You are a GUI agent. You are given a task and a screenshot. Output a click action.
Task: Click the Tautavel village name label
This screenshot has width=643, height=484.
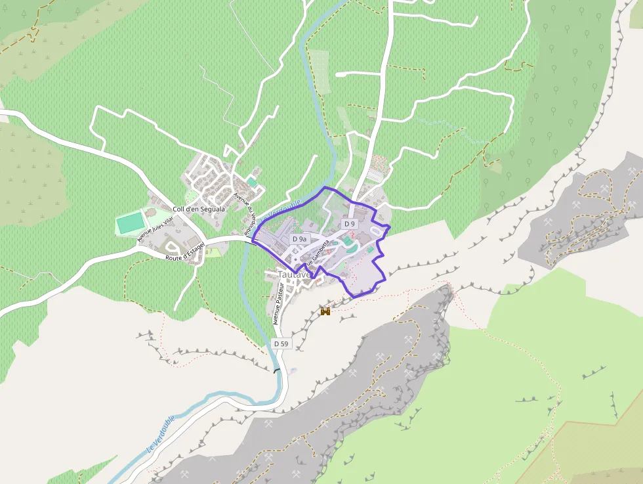click(x=293, y=274)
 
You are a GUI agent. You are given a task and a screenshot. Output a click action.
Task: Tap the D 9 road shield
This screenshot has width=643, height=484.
click(x=350, y=224)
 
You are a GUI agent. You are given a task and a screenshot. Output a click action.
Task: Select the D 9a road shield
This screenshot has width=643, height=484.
click(x=300, y=239)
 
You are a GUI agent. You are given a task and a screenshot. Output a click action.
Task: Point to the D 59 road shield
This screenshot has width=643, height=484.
click(x=281, y=343)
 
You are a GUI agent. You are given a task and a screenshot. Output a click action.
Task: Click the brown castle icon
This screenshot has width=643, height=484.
click(x=324, y=312)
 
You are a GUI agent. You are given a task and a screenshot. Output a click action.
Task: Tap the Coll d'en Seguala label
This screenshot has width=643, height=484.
click(x=198, y=209)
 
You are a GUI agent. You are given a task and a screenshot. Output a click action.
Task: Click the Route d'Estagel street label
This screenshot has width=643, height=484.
click(x=185, y=252)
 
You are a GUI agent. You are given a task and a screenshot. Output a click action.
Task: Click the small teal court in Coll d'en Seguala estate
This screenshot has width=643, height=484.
click(x=252, y=181)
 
